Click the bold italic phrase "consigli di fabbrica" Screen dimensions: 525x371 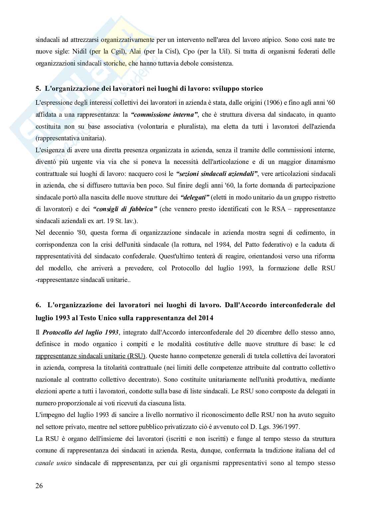tap(125, 209)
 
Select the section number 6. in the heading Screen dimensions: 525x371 tap(38, 305)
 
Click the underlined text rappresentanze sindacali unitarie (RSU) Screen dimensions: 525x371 tap(91, 356)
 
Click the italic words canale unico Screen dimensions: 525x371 tap(53, 462)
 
